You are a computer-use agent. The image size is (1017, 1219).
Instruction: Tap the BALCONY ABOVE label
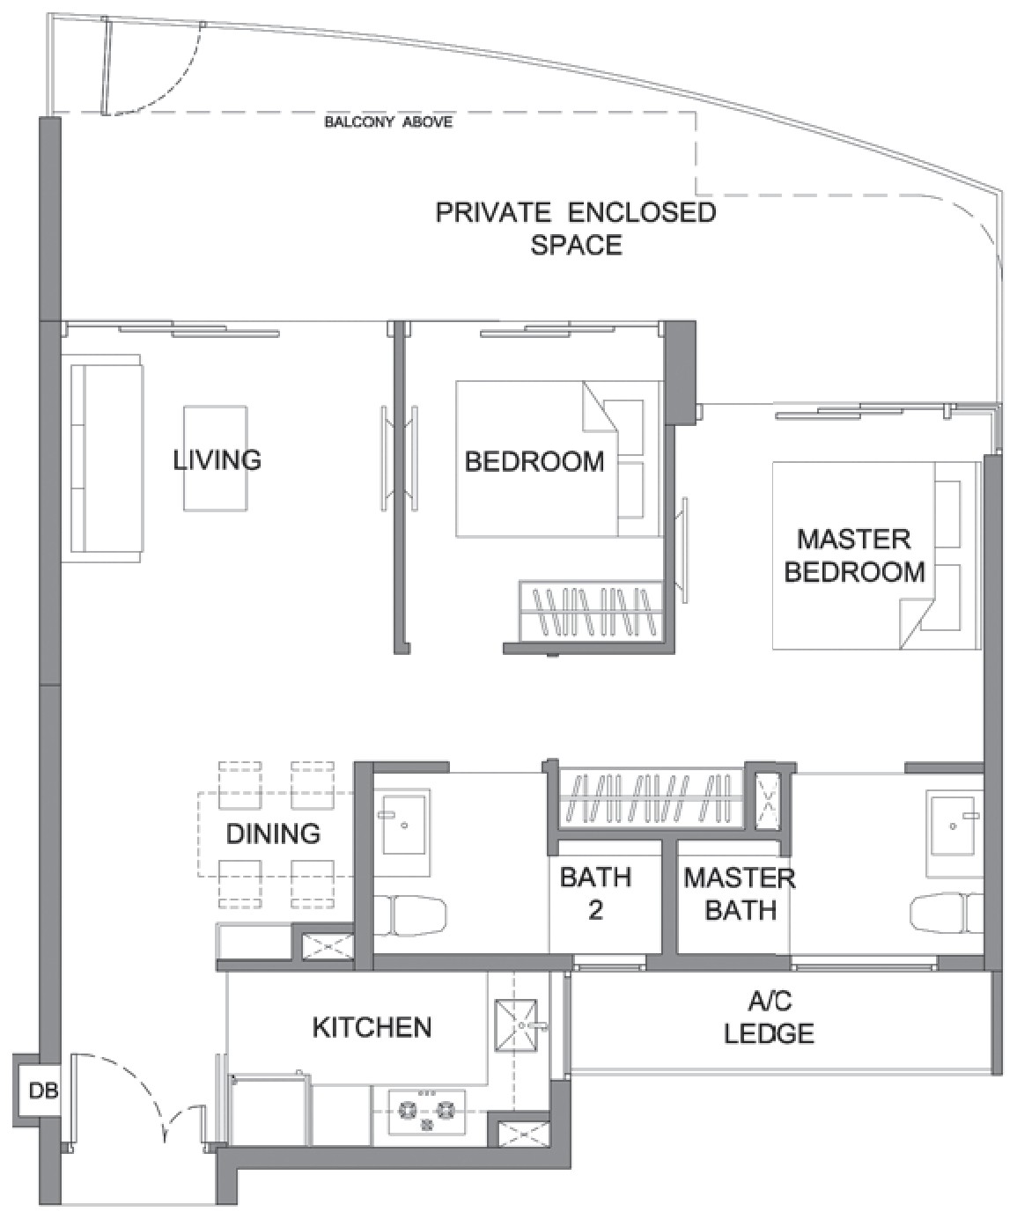tap(388, 122)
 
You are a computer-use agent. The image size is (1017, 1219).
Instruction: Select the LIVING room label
tap(217, 460)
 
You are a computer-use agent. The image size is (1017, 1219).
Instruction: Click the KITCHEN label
tap(372, 1028)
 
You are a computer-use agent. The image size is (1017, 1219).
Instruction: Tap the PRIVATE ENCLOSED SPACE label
tap(576, 228)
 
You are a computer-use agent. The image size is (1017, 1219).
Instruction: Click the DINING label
tap(273, 833)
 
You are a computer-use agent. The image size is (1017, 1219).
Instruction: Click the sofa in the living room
tap(105, 458)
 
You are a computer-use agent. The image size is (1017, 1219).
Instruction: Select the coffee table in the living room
tap(216, 459)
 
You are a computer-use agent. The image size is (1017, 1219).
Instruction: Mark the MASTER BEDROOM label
tap(854, 555)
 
